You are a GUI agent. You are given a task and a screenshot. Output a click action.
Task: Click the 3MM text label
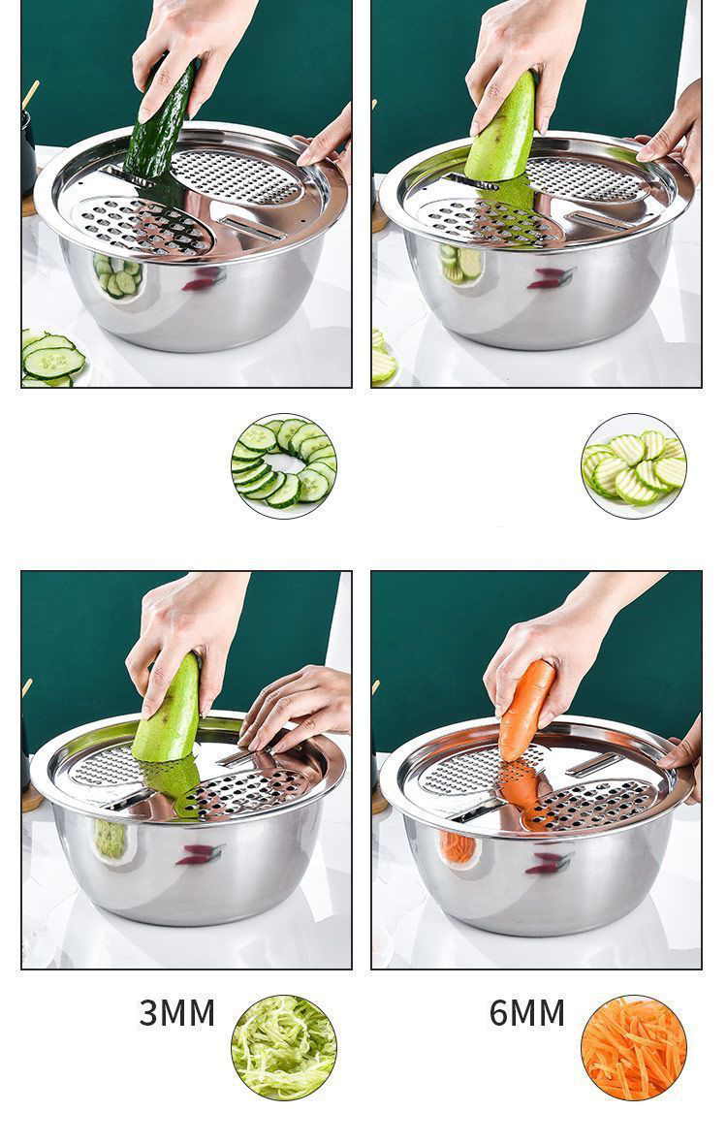pos(176,1013)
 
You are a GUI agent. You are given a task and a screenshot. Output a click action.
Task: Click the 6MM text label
pos(526,1013)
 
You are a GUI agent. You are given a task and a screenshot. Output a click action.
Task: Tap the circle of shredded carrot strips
pos(633,1048)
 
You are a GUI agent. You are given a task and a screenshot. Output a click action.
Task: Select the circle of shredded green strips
pos(284,1048)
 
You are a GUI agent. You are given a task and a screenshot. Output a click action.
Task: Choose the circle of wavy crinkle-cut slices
pos(634,466)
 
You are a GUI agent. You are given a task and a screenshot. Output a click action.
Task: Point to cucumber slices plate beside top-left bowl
pos(50,359)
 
